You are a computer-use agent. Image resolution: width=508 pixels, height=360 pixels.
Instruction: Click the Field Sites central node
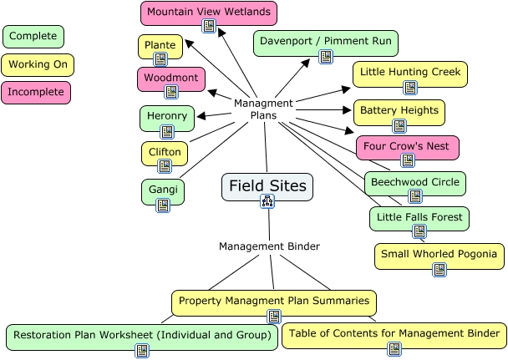point(267,185)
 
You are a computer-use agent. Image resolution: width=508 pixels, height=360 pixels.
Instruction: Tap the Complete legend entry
point(33,37)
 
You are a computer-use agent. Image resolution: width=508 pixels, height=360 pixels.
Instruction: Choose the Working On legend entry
point(38,64)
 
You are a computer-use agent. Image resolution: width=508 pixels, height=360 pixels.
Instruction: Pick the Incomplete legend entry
point(37,91)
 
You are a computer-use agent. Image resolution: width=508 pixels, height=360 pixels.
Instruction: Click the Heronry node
point(167,115)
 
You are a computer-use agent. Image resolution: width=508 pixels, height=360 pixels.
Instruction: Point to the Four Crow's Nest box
point(407,146)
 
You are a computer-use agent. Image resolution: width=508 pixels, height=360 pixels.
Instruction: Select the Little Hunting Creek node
point(409,73)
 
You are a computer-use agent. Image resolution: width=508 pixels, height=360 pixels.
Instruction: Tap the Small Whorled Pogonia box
point(439,254)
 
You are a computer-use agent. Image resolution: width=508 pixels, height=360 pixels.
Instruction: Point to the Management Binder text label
point(269,246)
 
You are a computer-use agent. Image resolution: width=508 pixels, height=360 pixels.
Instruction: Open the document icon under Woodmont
point(171,92)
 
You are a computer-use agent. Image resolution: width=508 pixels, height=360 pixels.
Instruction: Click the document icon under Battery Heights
point(399,126)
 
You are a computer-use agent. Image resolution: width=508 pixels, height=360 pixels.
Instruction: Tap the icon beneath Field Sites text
point(267,200)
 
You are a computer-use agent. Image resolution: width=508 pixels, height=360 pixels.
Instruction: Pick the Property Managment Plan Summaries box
point(273,300)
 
